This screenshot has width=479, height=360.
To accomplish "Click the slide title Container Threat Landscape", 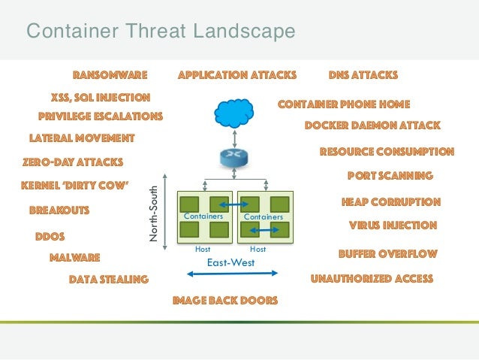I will pyautogui.click(x=161, y=32).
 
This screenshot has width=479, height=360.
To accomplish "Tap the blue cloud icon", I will pyautogui.click(x=235, y=113).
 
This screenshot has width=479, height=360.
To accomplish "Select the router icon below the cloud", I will pyautogui.click(x=235, y=158).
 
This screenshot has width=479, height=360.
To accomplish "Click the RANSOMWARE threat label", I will pyautogui.click(x=110, y=75).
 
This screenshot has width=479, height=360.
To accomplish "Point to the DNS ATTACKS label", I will pyautogui.click(x=363, y=75).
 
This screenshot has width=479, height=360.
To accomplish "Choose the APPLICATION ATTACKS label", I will pyautogui.click(x=237, y=75).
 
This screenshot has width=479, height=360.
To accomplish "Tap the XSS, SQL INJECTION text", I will pyautogui.click(x=100, y=97).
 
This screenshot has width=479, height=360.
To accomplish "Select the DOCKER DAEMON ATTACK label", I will pyautogui.click(x=372, y=126).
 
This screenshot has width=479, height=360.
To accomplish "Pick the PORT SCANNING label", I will pyautogui.click(x=390, y=176).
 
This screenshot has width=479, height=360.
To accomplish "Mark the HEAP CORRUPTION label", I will pyautogui.click(x=390, y=201).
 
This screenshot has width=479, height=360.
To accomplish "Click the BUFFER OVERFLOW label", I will pyautogui.click(x=387, y=253).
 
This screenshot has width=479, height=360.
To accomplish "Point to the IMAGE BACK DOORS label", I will pyautogui.click(x=225, y=301).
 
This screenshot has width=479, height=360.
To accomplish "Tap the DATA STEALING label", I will pyautogui.click(x=108, y=279).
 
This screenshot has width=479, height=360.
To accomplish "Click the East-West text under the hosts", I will pyautogui.click(x=230, y=263).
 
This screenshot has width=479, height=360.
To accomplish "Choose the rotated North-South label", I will pyautogui.click(x=154, y=214).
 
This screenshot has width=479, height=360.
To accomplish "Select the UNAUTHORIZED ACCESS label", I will pyautogui.click(x=372, y=279).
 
